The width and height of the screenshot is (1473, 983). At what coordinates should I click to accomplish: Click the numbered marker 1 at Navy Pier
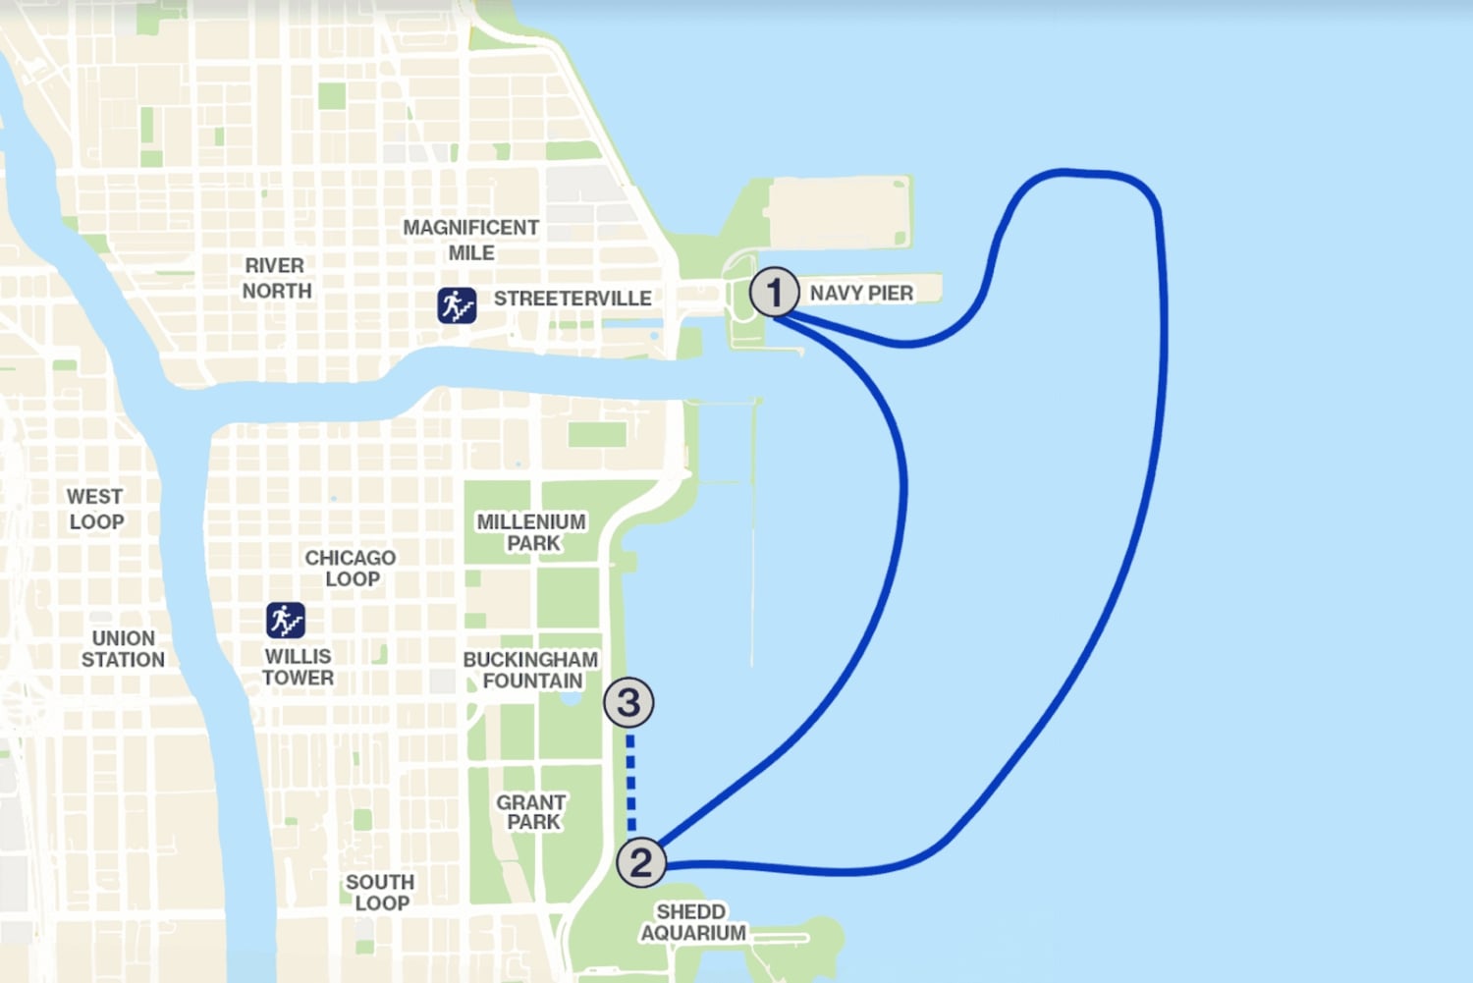(774, 292)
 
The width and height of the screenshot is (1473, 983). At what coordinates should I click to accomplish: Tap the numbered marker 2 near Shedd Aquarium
(641, 862)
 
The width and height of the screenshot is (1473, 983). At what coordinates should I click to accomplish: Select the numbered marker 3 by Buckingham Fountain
(628, 702)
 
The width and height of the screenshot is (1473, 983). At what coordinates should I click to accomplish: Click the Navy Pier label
(861, 293)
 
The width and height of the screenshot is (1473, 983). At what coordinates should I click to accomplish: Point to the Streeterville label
(573, 299)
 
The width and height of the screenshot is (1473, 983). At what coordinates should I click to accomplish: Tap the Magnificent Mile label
(471, 240)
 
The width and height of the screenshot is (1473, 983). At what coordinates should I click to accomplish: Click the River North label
(276, 278)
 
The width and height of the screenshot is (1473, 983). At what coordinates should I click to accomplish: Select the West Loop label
(95, 509)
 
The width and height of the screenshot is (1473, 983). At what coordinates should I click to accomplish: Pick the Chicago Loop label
(351, 568)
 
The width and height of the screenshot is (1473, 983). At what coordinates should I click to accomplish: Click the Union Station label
(123, 648)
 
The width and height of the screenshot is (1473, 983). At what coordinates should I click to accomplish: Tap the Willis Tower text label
(298, 667)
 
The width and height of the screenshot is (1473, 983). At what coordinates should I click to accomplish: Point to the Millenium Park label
(531, 532)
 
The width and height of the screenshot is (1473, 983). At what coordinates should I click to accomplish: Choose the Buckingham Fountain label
(530, 670)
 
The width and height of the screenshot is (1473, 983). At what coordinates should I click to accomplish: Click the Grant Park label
(531, 812)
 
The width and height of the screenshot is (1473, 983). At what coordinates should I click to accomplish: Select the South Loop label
(380, 893)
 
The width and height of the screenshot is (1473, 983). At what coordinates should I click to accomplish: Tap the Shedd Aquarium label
(692, 922)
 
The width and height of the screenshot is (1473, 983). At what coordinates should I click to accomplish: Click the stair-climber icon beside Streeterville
(457, 305)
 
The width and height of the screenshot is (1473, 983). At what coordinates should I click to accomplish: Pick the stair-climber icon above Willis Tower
(286, 621)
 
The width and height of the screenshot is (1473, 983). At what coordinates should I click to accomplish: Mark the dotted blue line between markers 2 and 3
(631, 784)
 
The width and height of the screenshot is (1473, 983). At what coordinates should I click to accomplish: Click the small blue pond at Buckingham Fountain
(571, 698)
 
